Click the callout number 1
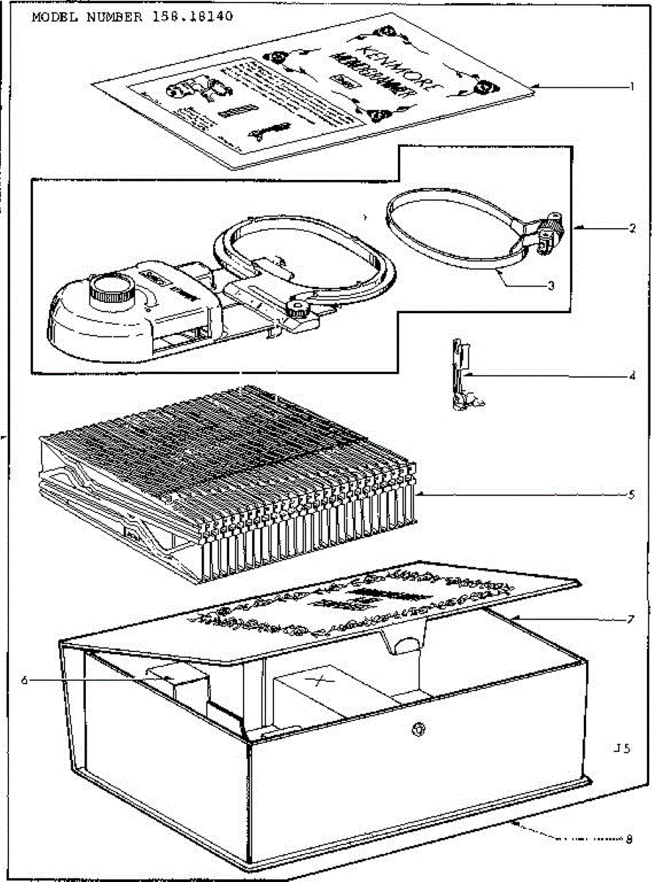(x=631, y=87)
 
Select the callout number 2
(x=631, y=228)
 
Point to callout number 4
(x=631, y=376)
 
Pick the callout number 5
(x=631, y=495)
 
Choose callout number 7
(x=631, y=620)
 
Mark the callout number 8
(x=629, y=838)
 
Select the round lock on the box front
(x=419, y=731)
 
